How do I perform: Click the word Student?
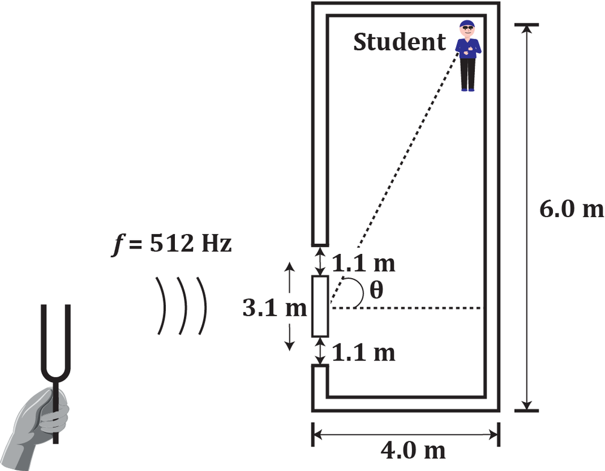[x=399, y=43]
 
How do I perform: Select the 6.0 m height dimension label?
[x=571, y=209]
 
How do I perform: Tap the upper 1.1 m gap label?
[x=364, y=264]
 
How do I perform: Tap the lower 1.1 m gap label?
[x=364, y=352]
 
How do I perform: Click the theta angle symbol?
[x=376, y=291]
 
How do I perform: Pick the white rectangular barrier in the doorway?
[x=320, y=306]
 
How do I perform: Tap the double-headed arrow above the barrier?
[x=320, y=261]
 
